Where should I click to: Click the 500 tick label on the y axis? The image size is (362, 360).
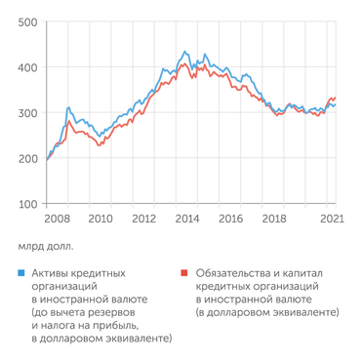click(28, 21)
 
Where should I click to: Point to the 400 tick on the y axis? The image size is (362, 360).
click(28, 67)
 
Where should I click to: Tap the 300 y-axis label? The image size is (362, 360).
click(28, 113)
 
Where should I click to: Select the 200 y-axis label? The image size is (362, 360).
click(28, 159)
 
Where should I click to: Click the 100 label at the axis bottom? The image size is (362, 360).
click(28, 205)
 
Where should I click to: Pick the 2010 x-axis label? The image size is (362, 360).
click(101, 220)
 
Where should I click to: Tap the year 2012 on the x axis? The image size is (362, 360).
click(144, 220)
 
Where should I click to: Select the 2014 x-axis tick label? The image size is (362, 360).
click(187, 220)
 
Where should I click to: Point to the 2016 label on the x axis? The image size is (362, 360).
click(230, 220)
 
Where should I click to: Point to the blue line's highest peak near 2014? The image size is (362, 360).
click(184, 52)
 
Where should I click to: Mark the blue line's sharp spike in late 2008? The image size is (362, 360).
click(68, 107)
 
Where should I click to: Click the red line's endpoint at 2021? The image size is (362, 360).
click(336, 98)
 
